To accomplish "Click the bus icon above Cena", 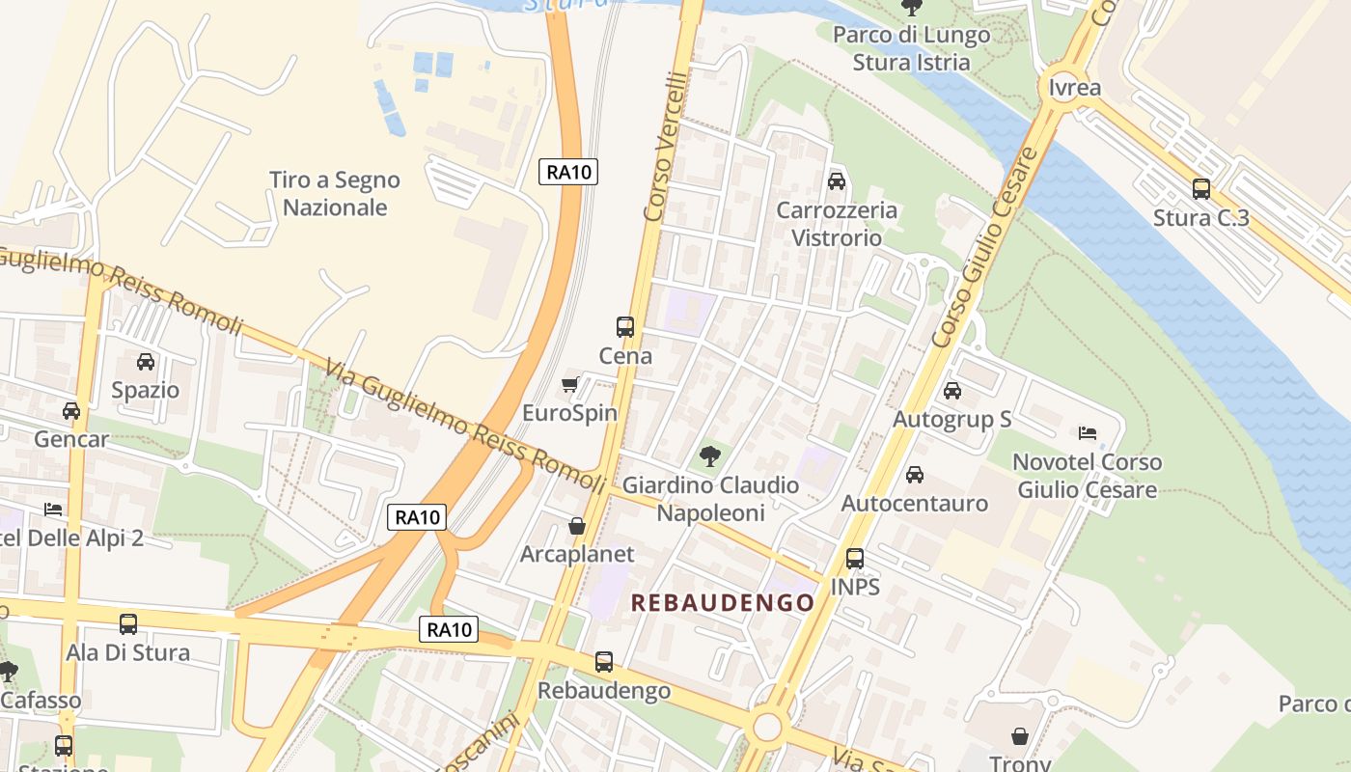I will coord(625,327).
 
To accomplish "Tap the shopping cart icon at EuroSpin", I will coord(570,384).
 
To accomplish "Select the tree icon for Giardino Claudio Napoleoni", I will coord(710,455).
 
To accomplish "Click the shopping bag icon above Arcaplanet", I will coord(577,526).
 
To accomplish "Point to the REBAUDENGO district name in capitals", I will coord(723,603).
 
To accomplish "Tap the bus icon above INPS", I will coord(855,558).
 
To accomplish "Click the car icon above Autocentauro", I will coord(915,475).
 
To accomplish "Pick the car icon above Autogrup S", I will coord(952,391).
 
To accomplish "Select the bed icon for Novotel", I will coord(1088,432).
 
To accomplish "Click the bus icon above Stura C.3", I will coord(1201,189).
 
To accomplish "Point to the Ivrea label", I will coord(1075,88).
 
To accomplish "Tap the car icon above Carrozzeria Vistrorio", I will coord(837,181).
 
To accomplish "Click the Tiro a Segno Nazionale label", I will coord(335,194).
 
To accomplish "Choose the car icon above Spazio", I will coord(146,362).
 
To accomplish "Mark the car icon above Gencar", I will coord(71,411).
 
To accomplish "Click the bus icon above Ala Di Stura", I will coord(128,624).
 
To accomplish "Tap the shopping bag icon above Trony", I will coord(1020,737).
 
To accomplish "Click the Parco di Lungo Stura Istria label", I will coord(911,49).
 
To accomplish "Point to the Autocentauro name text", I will coord(915,504).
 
